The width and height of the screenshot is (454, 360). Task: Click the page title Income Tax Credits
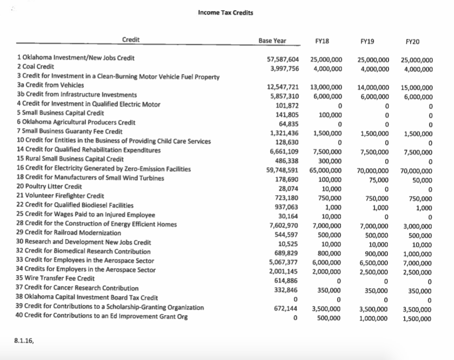[x=225, y=12]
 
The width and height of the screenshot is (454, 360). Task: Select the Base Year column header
[x=272, y=41]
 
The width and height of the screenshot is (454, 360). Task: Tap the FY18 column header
[x=323, y=41]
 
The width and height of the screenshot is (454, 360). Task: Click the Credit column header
[x=131, y=39]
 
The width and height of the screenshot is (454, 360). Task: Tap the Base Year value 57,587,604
[x=284, y=59]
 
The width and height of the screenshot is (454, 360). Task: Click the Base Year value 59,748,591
[x=284, y=170]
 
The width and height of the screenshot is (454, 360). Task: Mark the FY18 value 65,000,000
[x=326, y=170]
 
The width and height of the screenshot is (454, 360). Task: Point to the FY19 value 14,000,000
[x=373, y=87]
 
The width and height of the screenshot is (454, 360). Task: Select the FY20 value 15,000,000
[x=417, y=87]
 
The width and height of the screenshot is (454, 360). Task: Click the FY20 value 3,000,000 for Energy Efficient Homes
[x=418, y=225]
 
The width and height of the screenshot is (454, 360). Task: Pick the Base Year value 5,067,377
[x=285, y=262]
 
